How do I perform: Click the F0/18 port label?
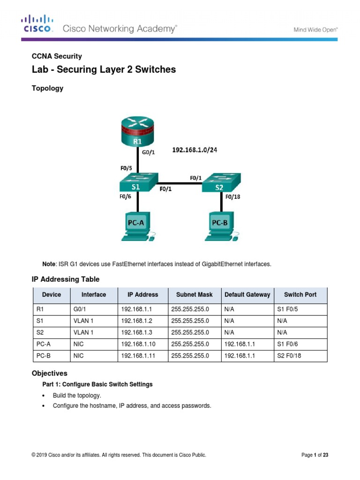[232, 197]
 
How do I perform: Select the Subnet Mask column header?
[194, 295]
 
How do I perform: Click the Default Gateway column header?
[247, 295]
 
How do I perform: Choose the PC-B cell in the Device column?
[43, 356]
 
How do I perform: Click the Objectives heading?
[49, 374]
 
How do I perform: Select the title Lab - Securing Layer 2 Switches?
[104, 70]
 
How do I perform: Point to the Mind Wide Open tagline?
[315, 30]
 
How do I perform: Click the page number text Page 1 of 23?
[315, 455]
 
